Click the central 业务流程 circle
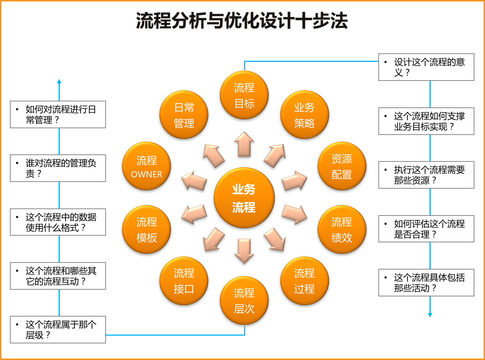(x=244, y=198)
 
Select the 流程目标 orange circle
(x=244, y=95)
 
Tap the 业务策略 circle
(x=304, y=115)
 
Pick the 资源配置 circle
(x=342, y=166)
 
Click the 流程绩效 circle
(x=342, y=229)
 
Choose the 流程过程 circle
(x=304, y=281)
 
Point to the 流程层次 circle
(x=244, y=300)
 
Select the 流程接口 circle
(x=184, y=281)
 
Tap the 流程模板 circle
(x=147, y=229)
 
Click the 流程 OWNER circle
(x=147, y=166)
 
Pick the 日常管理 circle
(x=184, y=115)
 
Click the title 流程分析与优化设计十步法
(x=242, y=20)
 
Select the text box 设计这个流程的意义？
(x=426, y=67)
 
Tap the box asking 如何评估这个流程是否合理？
(x=426, y=229)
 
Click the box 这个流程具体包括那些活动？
(x=426, y=283)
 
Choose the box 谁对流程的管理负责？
(x=58, y=168)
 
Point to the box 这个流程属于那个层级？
(x=58, y=330)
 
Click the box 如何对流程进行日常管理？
(x=58, y=114)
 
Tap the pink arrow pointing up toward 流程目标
(x=244, y=144)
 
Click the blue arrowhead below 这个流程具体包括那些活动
(x=430, y=315)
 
